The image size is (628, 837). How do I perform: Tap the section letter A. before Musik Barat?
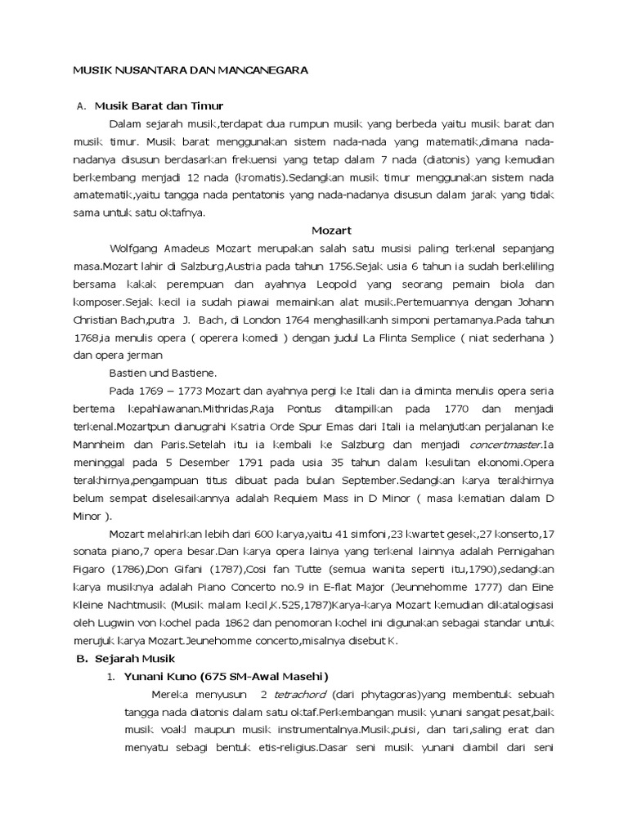point(80,106)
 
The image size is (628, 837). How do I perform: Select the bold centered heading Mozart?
point(330,231)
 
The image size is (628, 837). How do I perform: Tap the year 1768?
point(87,337)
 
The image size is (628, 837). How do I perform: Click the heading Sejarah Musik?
point(136,658)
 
